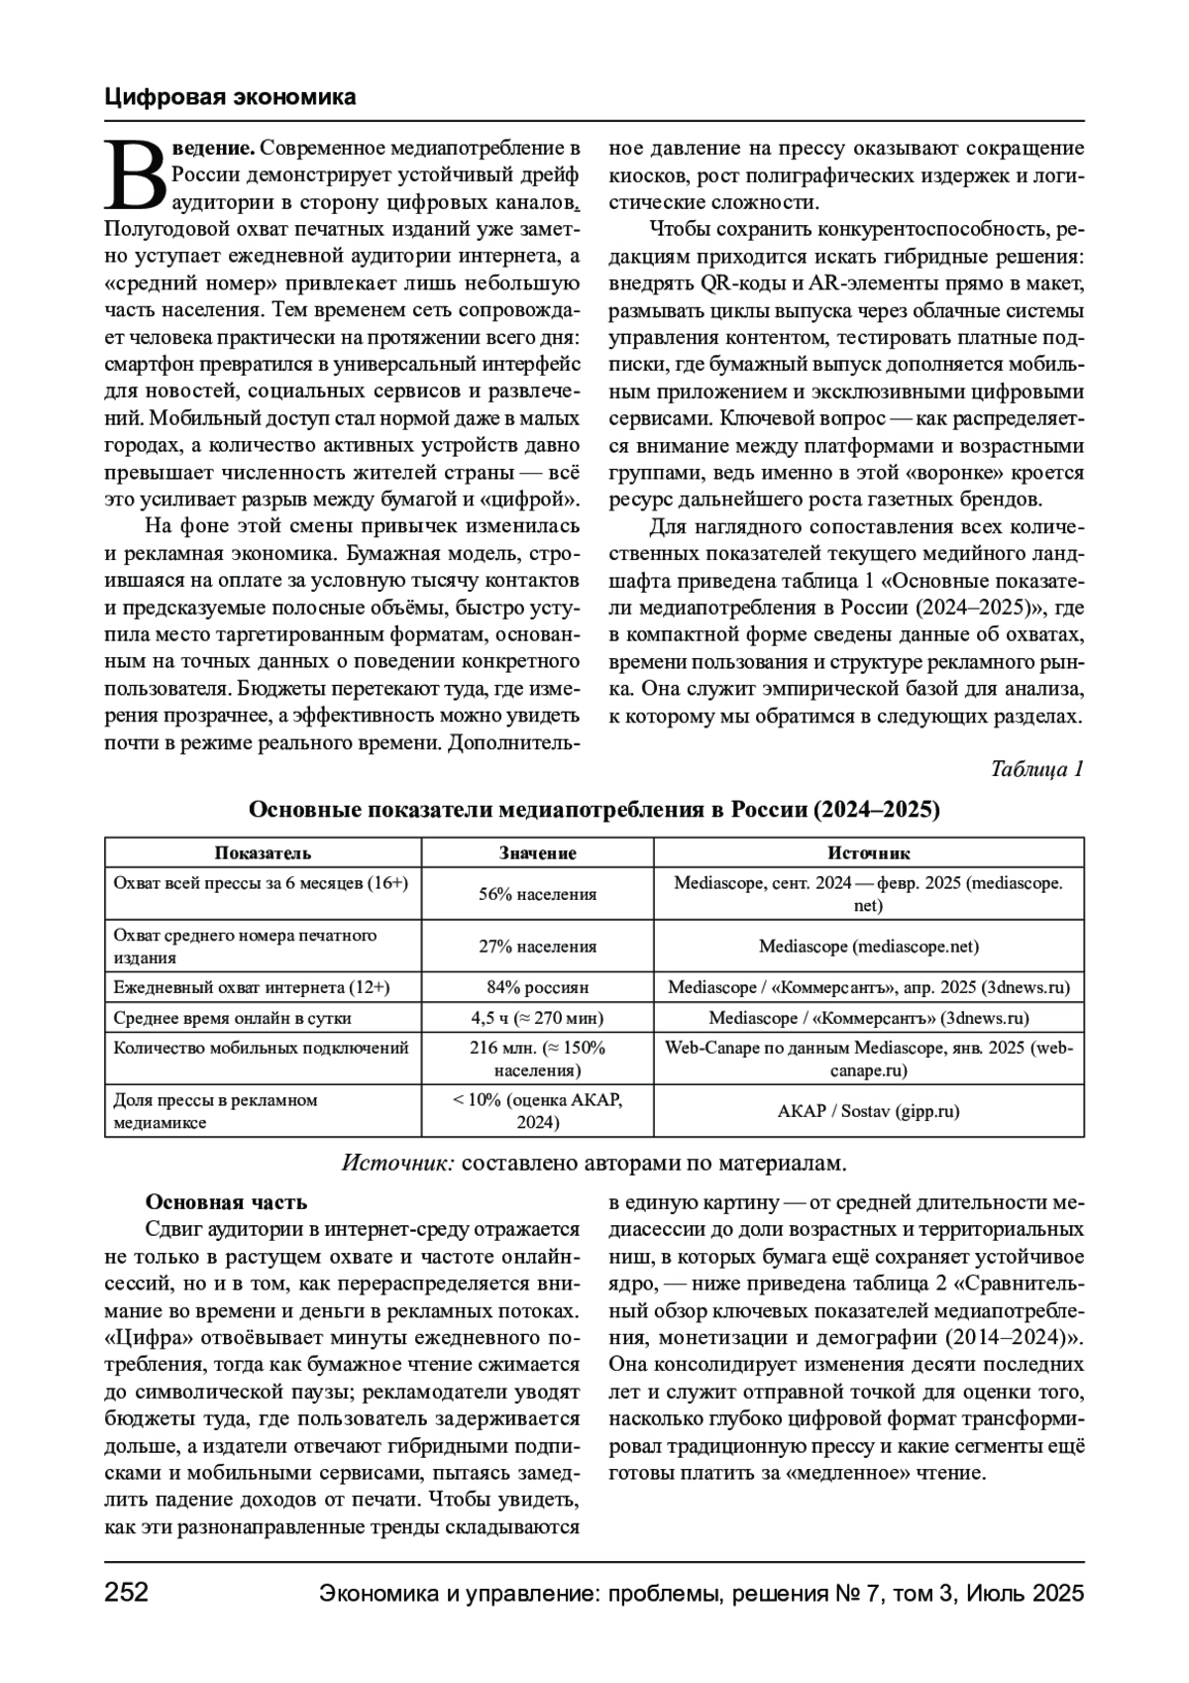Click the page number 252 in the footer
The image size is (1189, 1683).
(x=126, y=1593)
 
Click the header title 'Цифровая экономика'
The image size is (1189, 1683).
(x=230, y=97)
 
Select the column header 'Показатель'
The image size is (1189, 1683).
(x=263, y=853)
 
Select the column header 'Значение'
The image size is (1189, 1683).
(x=537, y=853)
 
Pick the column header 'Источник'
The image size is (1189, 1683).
(x=868, y=853)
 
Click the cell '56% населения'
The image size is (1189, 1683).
(x=537, y=894)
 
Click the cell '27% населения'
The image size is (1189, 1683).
(x=537, y=947)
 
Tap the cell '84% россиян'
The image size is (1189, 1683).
(x=537, y=987)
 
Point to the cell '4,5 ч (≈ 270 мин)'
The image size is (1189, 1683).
(x=537, y=1018)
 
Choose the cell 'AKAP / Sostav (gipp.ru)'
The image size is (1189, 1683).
(x=868, y=1111)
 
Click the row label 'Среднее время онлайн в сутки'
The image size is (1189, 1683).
(x=233, y=1018)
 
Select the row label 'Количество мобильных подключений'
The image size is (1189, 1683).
(x=262, y=1048)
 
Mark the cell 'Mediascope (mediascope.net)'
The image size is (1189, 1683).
(x=868, y=947)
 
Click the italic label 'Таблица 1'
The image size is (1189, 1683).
(x=1036, y=769)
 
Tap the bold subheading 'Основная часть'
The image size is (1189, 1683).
(x=226, y=1202)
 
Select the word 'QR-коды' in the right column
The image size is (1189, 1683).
(x=738, y=282)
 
